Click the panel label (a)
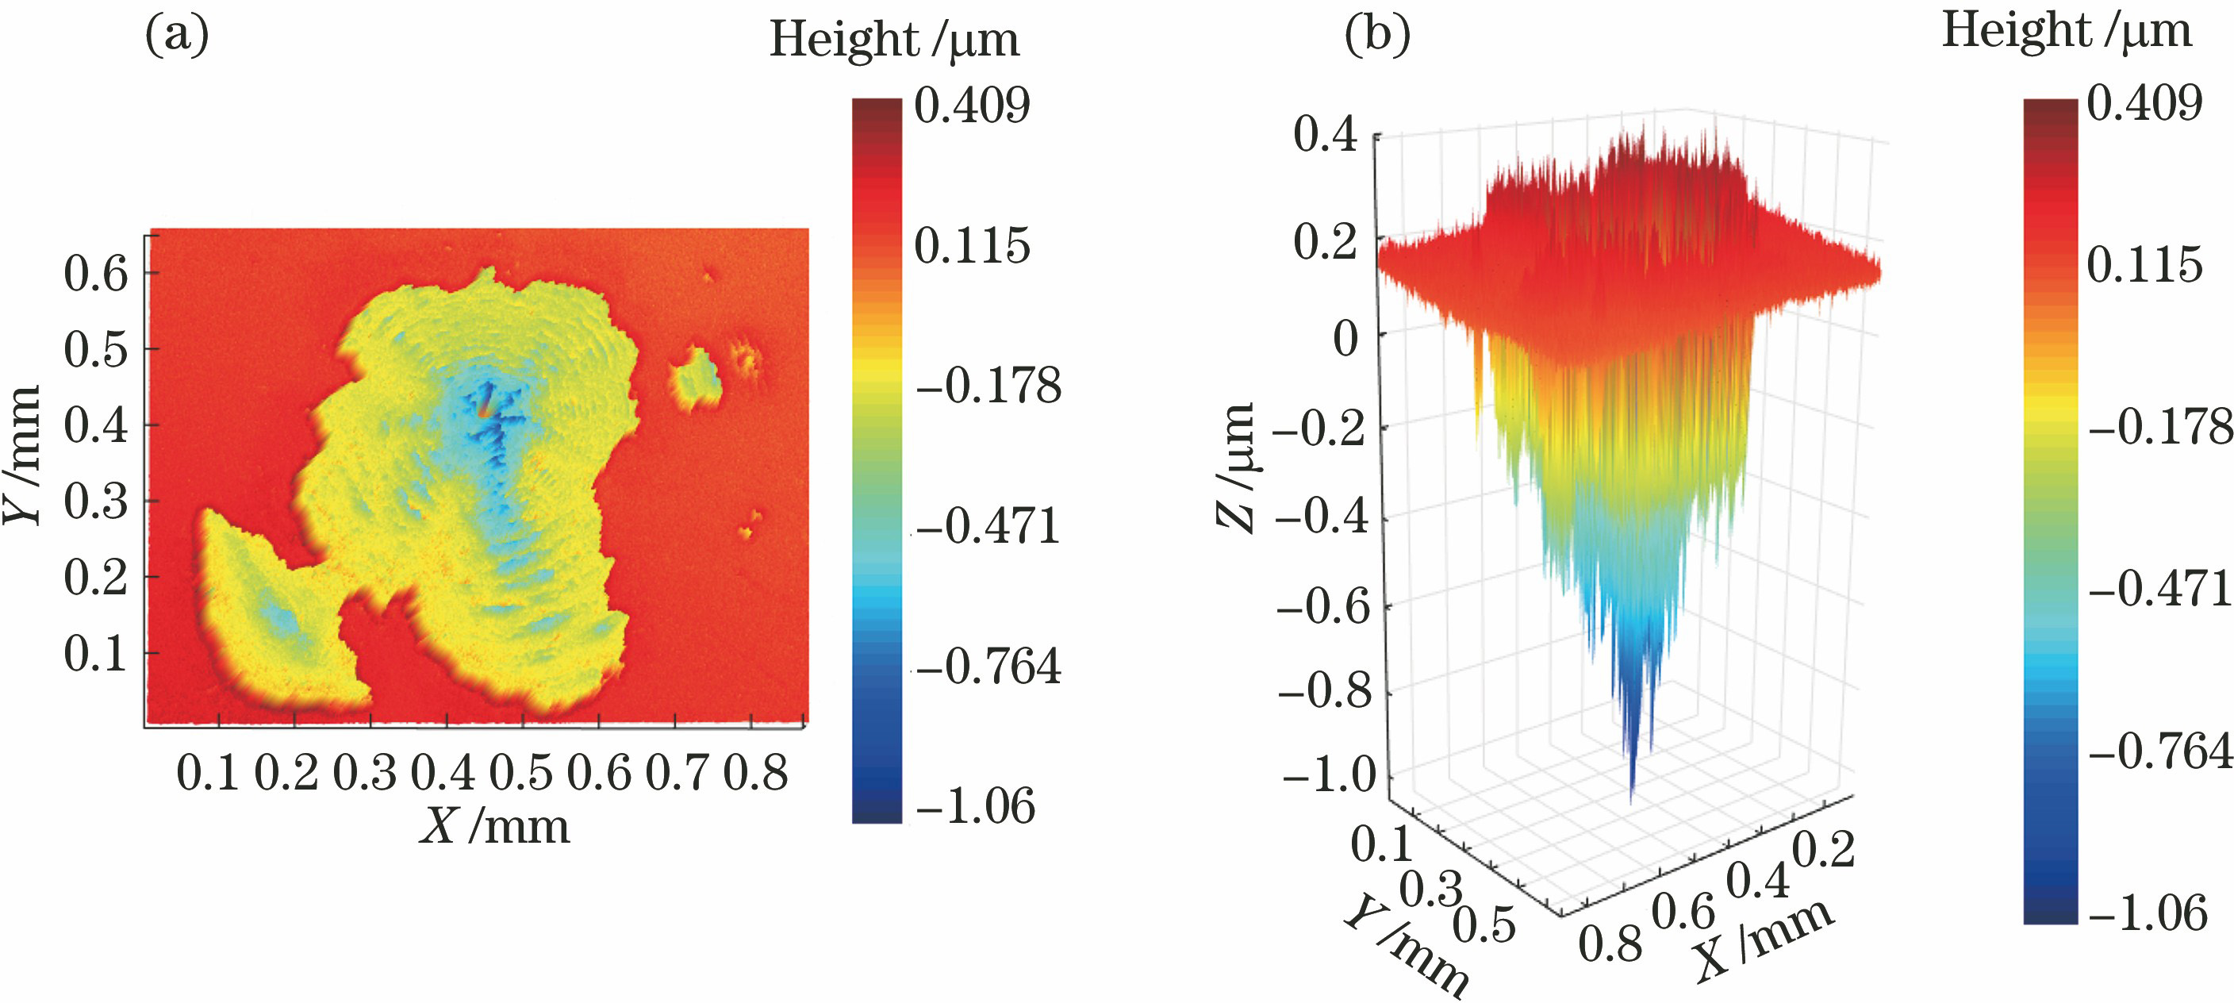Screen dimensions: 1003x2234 pos(176,37)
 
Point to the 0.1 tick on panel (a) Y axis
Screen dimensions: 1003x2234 pos(96,653)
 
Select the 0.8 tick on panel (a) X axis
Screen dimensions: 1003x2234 pos(755,772)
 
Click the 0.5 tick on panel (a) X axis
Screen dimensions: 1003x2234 pos(521,772)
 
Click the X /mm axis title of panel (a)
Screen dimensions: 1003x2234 pos(495,826)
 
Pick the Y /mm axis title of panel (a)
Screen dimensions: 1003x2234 pos(24,455)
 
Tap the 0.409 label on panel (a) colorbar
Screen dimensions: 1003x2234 pos(972,106)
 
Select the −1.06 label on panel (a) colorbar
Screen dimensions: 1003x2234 pos(976,807)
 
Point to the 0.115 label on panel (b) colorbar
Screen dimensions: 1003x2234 pos(2144,264)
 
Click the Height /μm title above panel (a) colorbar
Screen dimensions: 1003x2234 pos(894,40)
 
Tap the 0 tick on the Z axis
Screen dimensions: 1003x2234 pos(1345,338)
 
